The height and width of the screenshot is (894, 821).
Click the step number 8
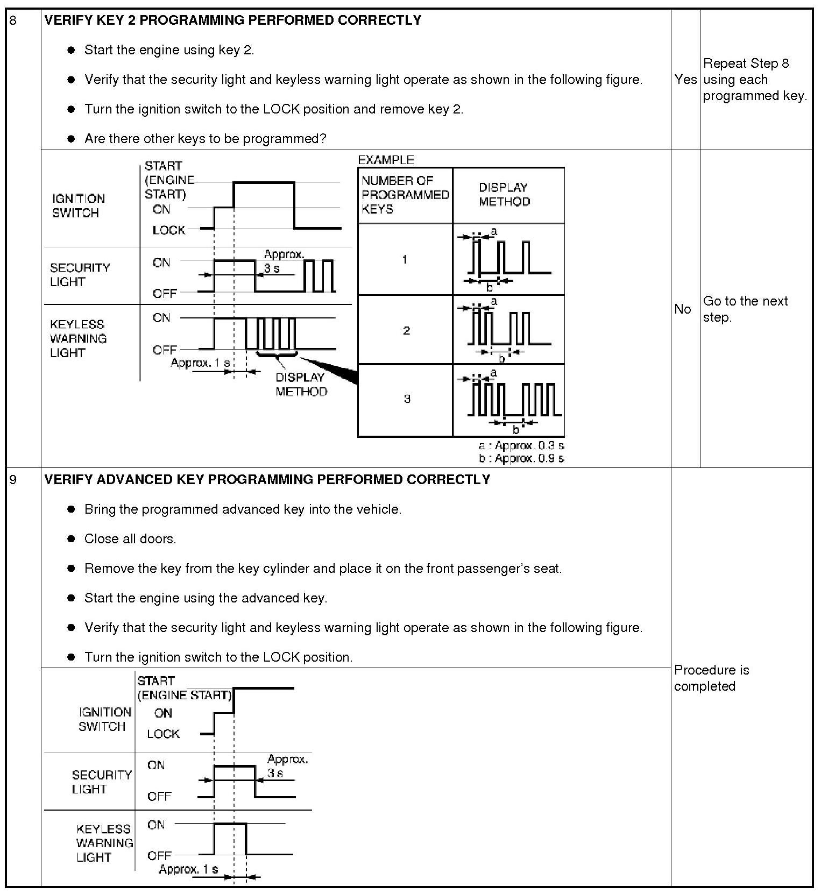[13, 21]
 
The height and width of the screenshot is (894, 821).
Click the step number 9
[13, 479]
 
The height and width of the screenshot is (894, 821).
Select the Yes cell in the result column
[685, 80]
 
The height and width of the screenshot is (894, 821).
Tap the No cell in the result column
[682, 309]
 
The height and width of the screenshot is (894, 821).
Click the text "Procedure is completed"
[711, 678]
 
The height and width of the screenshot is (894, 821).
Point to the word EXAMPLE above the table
[386, 160]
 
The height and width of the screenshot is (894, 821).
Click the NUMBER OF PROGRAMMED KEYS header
[405, 195]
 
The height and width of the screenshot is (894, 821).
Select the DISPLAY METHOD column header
[504, 195]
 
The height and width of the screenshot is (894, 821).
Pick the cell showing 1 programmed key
[405, 260]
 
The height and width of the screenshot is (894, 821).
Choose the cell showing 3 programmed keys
[407, 399]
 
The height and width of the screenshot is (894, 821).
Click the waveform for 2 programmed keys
[508, 330]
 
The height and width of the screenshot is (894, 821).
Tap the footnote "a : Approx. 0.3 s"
[521, 445]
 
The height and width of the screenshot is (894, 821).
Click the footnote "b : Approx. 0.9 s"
[521, 458]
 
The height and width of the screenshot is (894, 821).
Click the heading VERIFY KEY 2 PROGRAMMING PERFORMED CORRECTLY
[232, 20]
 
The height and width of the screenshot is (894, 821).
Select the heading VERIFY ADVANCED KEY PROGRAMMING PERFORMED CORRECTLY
[267, 479]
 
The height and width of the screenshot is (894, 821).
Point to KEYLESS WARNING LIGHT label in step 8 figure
[78, 338]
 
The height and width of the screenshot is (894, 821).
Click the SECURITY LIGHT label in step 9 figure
[102, 782]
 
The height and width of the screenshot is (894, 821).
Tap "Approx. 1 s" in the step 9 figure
[188, 869]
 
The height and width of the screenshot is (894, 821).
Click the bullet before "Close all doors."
[71, 539]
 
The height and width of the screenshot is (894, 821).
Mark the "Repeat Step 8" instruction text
[746, 63]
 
